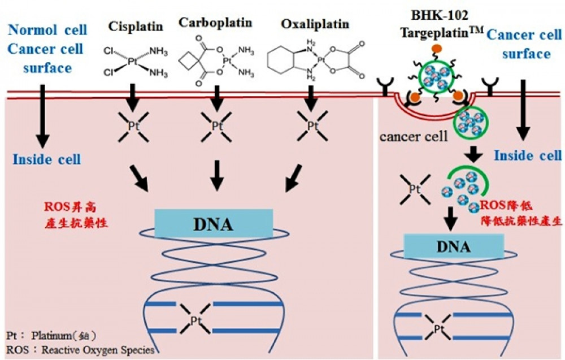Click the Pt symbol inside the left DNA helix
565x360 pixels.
(197, 320)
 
